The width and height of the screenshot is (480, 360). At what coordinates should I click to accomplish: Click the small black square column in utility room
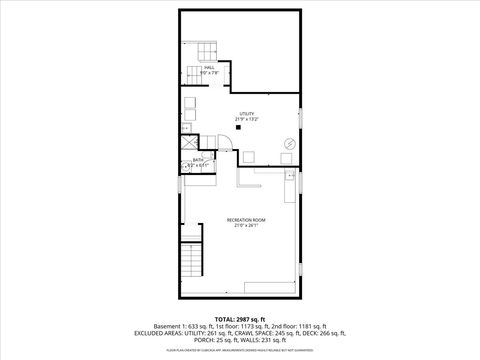238,128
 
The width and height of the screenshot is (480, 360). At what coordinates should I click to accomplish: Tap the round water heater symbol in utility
289,143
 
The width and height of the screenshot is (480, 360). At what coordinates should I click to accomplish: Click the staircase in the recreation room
191,264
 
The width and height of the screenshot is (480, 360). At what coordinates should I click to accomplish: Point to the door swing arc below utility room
225,151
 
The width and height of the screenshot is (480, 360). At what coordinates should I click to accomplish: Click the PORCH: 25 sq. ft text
216,345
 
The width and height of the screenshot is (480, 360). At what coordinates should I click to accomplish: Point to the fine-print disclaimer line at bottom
239,352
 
